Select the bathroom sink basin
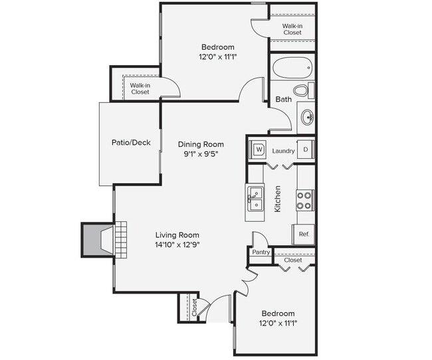click(306, 118)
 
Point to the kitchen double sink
click(255, 196)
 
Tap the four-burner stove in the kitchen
click(304, 200)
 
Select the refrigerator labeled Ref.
click(304, 234)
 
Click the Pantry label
click(260, 252)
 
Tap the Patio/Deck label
click(130, 143)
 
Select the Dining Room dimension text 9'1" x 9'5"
click(200, 153)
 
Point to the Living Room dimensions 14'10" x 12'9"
click(177, 244)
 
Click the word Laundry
click(283, 151)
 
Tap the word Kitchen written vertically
click(278, 199)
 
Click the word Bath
click(284, 100)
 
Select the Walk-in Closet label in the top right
click(292, 29)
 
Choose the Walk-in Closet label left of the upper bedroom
click(140, 88)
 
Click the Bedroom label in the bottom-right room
click(278, 314)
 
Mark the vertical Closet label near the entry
click(195, 307)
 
